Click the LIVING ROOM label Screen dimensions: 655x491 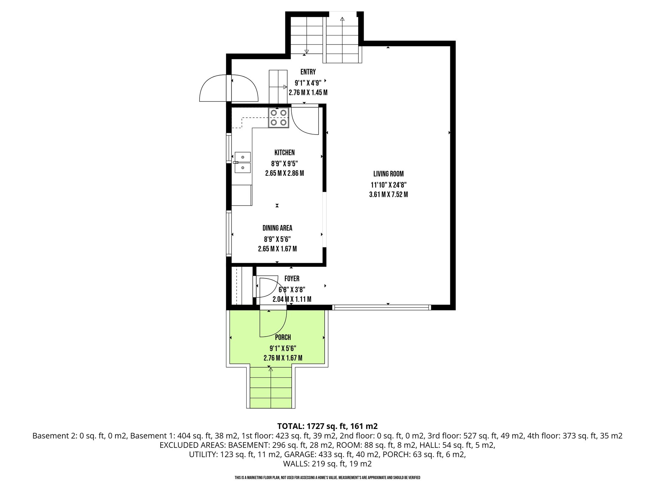coord(388,174)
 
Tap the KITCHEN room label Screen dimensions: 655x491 coord(284,152)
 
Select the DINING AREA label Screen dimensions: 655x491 coord(277,228)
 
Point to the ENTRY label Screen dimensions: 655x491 coord(308,72)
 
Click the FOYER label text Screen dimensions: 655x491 coord(292,279)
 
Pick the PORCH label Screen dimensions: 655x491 coord(283,337)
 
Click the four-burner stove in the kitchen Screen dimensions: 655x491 coord(279,118)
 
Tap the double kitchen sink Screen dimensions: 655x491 coord(243,162)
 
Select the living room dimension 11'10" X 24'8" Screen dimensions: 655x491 coord(388,185)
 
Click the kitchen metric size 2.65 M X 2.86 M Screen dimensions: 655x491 coord(284,173)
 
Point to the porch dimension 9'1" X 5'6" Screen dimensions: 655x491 coord(283,348)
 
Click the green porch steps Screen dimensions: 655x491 coord(271,388)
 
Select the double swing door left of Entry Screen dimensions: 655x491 coord(228,88)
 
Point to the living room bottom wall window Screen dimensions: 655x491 coord(382,308)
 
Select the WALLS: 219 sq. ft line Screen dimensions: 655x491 coord(327,464)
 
